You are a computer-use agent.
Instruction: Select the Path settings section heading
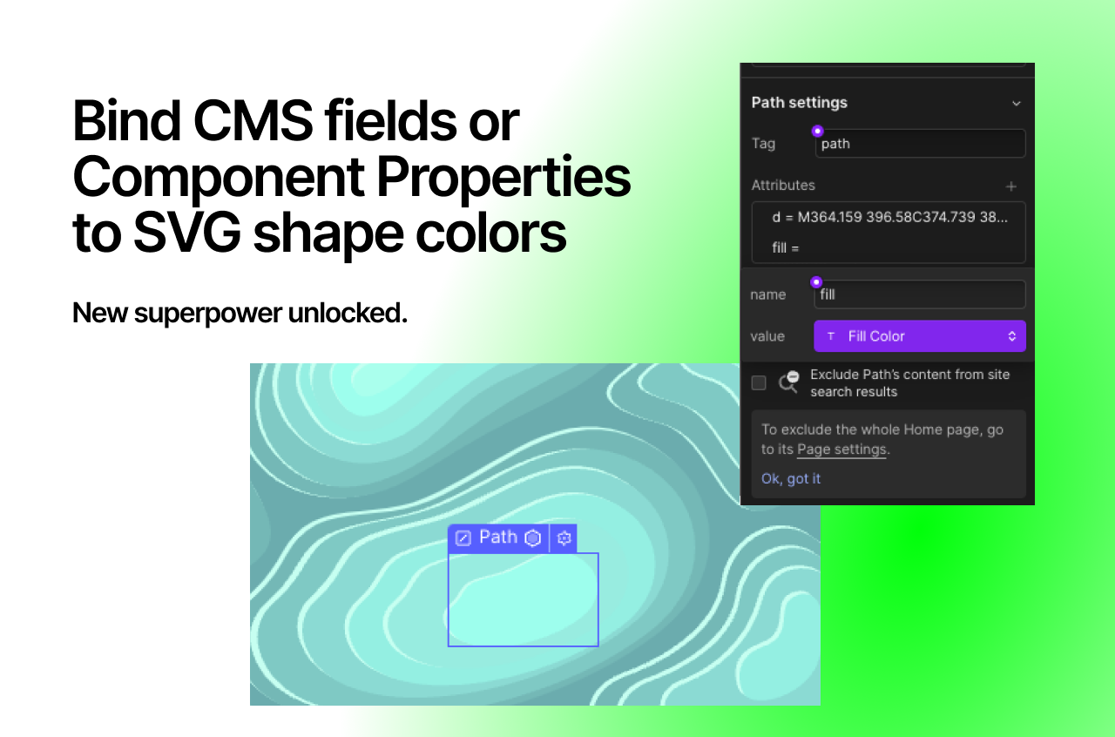pos(799,103)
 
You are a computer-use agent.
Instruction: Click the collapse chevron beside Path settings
pos(1016,104)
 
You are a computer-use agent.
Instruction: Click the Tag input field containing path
pos(920,144)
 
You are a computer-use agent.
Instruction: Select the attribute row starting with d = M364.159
pos(889,217)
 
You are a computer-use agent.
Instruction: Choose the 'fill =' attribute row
pos(786,248)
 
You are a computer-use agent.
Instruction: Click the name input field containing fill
pos(920,294)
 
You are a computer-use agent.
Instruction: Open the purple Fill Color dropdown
pos(919,336)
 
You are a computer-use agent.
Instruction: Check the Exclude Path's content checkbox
pos(759,382)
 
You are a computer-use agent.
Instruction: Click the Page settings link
pos(841,450)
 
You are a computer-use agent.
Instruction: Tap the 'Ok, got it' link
pos(791,478)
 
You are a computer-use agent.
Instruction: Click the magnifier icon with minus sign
pos(788,382)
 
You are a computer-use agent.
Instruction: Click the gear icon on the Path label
pos(564,538)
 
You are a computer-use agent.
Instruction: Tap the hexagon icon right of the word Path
pos(533,538)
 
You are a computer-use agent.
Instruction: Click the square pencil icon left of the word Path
pos(463,538)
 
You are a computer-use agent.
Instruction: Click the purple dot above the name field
pos(816,282)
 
